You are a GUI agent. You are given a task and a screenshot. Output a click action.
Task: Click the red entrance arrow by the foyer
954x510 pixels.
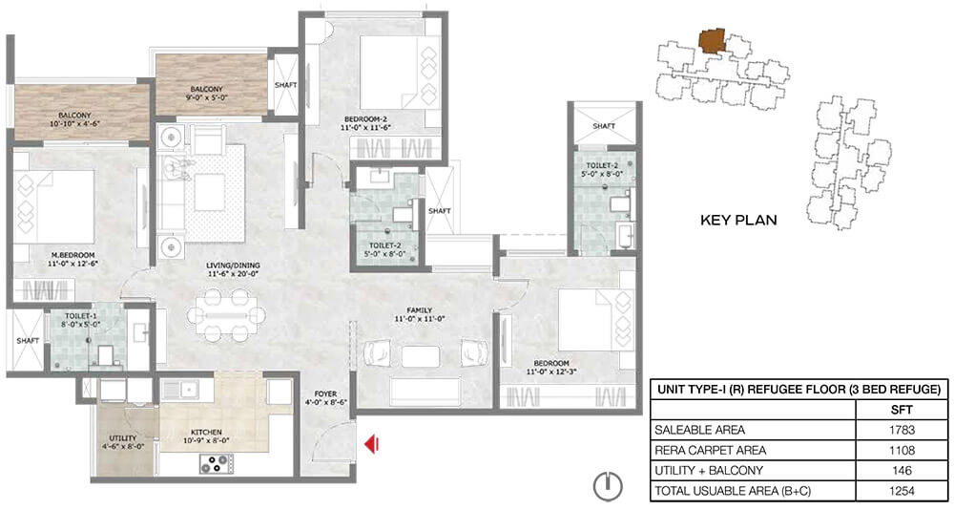point(371,443)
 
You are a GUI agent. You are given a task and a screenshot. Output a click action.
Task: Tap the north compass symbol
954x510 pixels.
point(608,485)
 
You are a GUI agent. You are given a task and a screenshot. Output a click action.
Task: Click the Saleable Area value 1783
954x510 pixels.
point(902,430)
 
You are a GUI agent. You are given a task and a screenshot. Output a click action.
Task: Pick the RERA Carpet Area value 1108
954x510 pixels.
point(902,450)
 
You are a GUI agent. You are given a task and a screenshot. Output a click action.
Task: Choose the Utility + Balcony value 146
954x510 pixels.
point(902,471)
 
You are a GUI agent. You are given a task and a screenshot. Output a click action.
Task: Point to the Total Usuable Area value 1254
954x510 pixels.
point(902,491)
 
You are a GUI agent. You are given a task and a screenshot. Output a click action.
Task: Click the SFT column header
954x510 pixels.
point(902,410)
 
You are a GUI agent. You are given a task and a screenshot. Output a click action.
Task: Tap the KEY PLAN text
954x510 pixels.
point(738,220)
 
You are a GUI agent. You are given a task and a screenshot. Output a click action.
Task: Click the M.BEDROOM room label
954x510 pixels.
point(73,255)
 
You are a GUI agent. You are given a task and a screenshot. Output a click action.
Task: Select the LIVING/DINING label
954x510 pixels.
point(233,266)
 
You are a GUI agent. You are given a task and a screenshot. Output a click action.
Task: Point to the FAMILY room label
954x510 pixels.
point(421,310)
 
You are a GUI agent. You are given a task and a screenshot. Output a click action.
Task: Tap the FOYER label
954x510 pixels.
point(325,393)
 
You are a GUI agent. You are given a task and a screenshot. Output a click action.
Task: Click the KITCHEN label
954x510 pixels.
point(206,432)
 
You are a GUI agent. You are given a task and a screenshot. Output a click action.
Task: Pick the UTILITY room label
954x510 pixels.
point(122,437)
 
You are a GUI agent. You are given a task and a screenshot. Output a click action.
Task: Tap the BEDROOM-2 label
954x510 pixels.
point(365,118)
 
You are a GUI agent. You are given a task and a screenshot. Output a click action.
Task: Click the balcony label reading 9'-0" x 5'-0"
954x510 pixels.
point(206,96)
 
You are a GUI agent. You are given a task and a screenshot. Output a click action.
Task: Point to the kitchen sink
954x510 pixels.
point(187,389)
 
